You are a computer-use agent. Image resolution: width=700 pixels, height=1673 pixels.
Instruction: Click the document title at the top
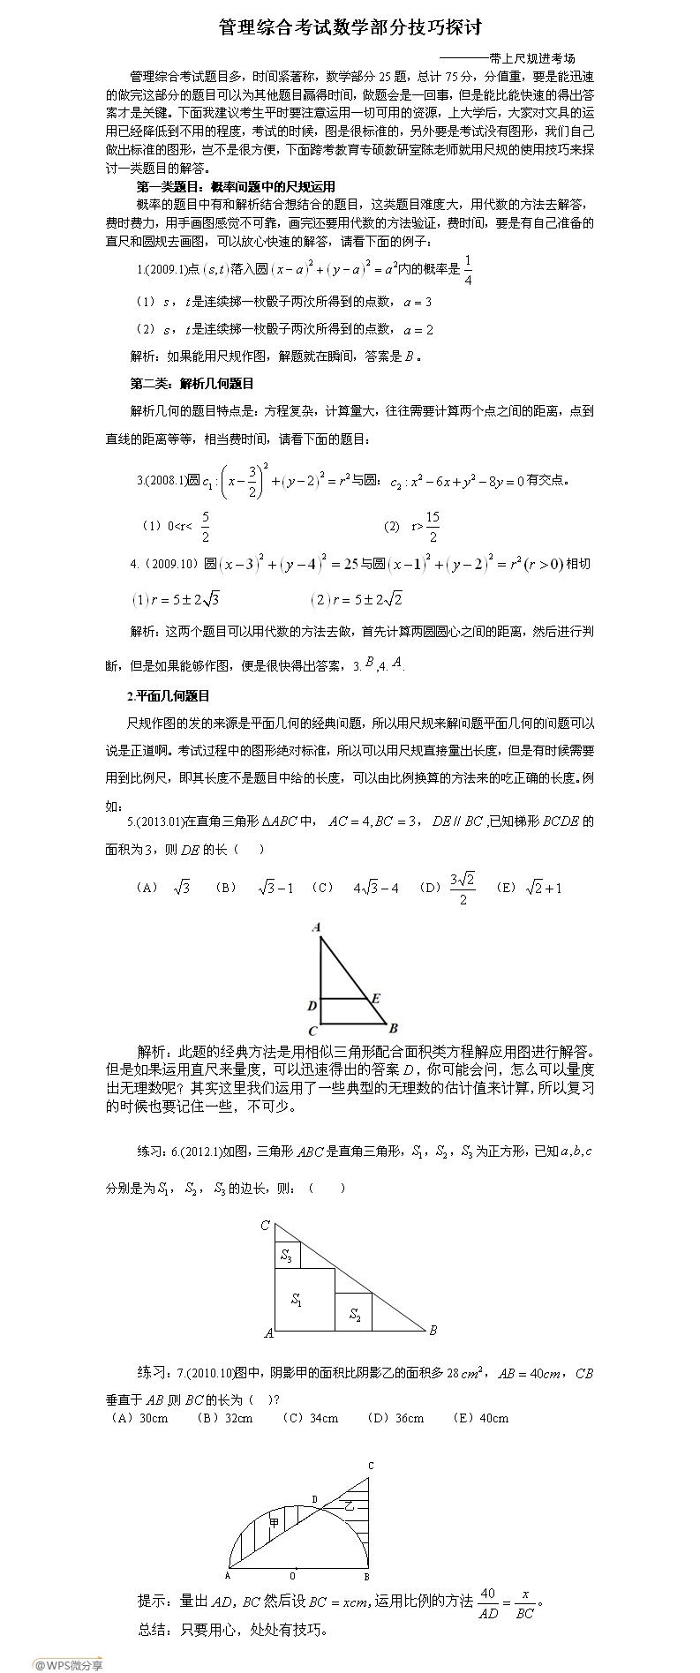(350, 27)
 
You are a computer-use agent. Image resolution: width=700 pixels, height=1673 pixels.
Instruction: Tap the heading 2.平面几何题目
(169, 696)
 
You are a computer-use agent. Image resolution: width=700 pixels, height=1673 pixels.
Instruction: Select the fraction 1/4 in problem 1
(468, 270)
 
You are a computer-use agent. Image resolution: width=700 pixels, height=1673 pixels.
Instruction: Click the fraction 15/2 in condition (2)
(433, 527)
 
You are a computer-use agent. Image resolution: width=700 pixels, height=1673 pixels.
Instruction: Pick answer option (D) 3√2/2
(448, 888)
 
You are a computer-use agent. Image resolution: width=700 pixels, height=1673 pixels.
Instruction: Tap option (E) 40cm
(480, 1418)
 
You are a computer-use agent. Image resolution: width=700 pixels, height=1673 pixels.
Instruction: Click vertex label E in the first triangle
(376, 998)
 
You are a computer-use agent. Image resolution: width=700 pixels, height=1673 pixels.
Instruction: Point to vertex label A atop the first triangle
(316, 927)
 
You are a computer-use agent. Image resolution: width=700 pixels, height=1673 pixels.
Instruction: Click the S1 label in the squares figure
(297, 1300)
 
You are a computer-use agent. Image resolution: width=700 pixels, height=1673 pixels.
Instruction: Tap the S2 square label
(355, 1315)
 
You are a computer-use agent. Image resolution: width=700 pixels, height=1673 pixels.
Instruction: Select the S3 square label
(286, 1256)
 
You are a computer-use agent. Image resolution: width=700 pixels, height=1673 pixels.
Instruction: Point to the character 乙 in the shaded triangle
(349, 1504)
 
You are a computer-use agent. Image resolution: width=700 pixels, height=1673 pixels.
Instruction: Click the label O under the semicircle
(293, 1576)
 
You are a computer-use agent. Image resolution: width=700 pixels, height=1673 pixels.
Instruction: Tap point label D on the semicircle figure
(314, 1498)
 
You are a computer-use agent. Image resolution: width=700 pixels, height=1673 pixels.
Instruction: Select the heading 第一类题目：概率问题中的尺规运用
(236, 186)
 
